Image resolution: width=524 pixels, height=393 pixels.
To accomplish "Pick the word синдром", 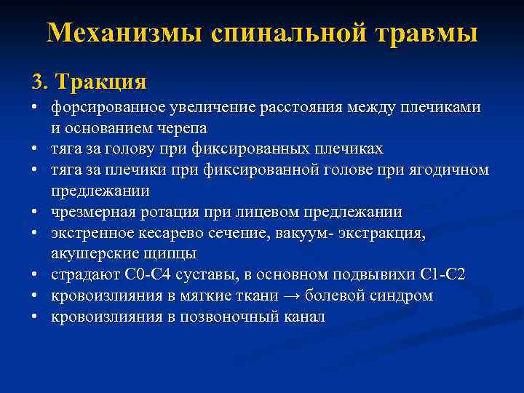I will coord(407,296).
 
